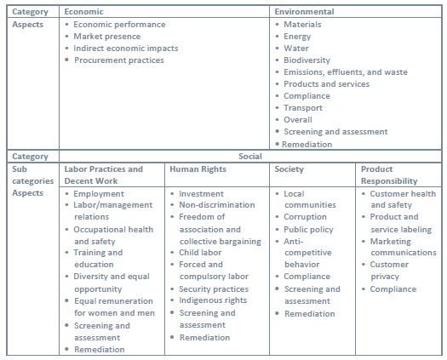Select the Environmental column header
(x=304, y=12)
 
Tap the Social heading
(x=251, y=157)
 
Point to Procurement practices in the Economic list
(x=119, y=60)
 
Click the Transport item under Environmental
(x=303, y=108)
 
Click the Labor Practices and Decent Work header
(x=105, y=175)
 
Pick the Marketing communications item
(x=403, y=247)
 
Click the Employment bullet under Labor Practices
(x=99, y=194)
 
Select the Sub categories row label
(x=32, y=175)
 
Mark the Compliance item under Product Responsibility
(x=393, y=289)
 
